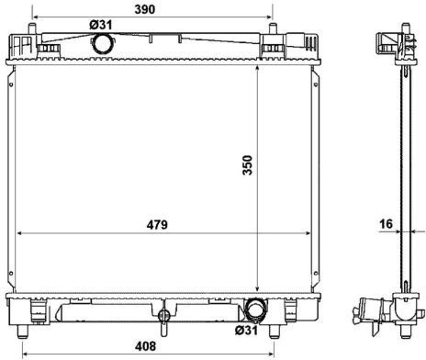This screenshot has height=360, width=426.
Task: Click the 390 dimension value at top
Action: pyautogui.click(x=145, y=9)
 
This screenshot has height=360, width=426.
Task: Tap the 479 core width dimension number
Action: pyautogui.click(x=157, y=225)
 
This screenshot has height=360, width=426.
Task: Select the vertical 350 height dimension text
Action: pyautogui.click(x=248, y=165)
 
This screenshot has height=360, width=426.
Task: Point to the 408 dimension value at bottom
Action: pyautogui.click(x=145, y=346)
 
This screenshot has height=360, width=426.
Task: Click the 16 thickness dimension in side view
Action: pyautogui.click(x=386, y=224)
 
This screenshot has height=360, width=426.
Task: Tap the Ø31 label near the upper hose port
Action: pyautogui.click(x=101, y=25)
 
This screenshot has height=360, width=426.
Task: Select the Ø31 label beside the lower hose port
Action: pyautogui.click(x=246, y=330)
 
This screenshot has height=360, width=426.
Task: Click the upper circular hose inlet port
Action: pyautogui.click(x=102, y=43)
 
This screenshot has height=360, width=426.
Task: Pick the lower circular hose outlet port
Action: pyautogui.click(x=255, y=309)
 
